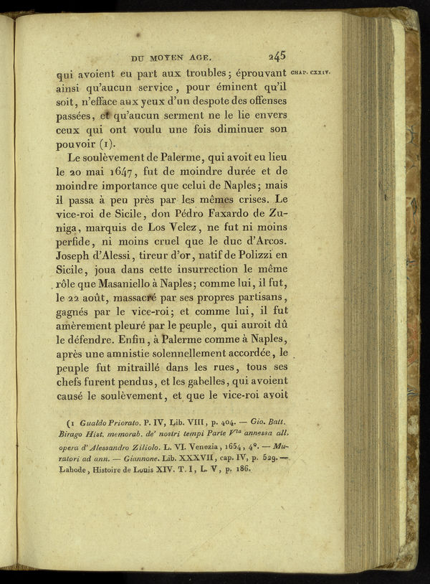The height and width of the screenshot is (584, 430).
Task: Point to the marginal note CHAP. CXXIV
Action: click(310, 72)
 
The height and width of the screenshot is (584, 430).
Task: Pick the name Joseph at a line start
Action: click(77, 254)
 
